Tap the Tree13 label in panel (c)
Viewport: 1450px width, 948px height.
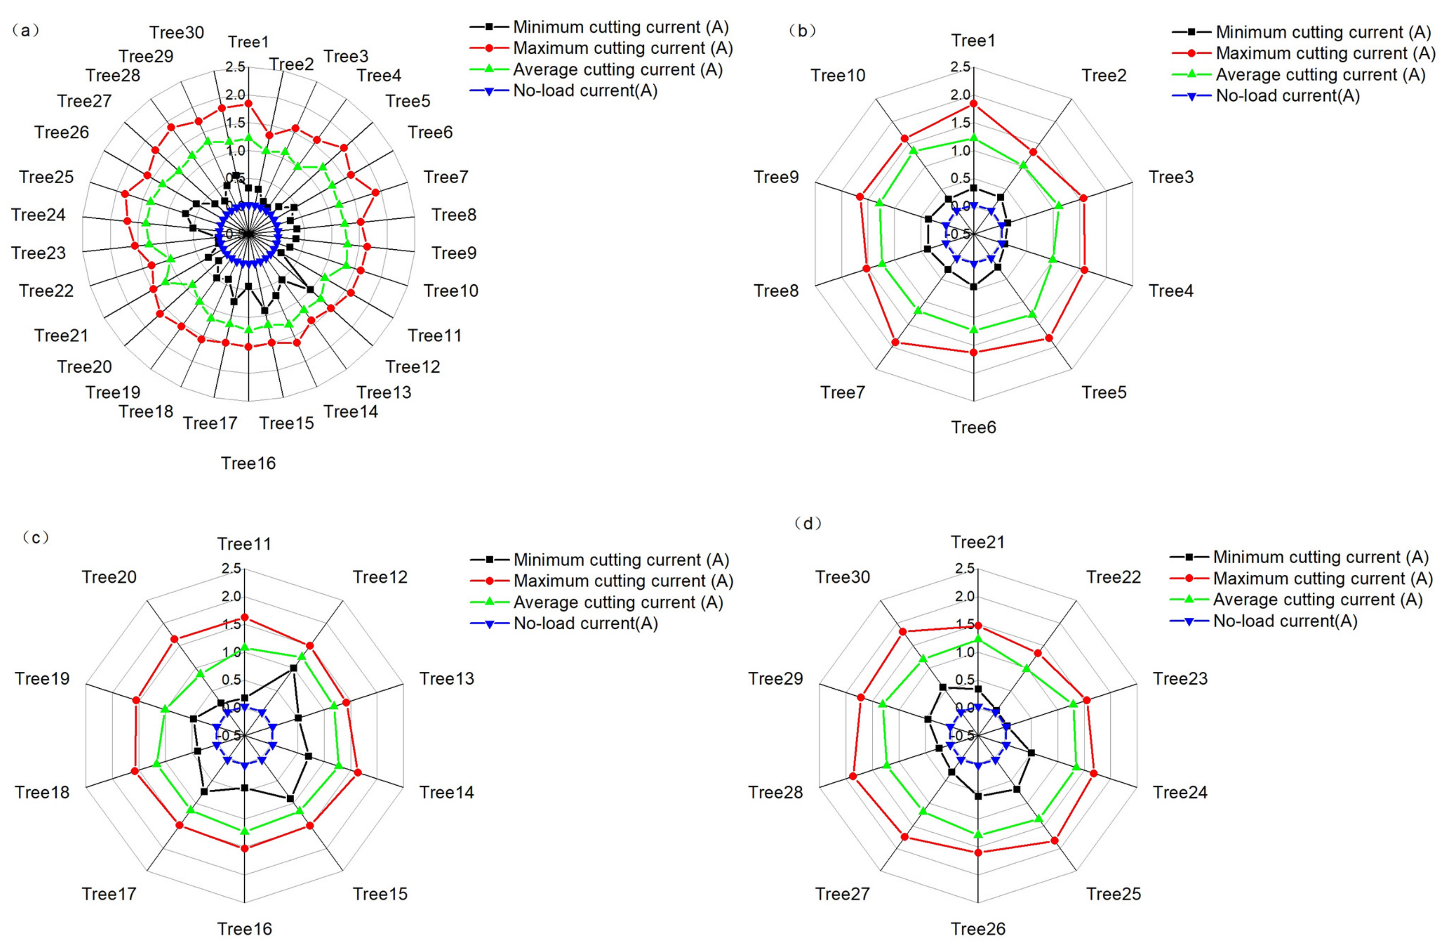446,679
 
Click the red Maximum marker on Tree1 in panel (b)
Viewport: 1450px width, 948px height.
974,104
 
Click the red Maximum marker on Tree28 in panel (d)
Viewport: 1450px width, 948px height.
853,776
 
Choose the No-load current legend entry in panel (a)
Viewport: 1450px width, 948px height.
585,91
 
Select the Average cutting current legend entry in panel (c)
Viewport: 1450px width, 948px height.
618,602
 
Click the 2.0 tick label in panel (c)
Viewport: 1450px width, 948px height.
232,596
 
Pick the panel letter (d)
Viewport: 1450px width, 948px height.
808,524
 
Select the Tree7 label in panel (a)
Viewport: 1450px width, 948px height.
446,177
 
